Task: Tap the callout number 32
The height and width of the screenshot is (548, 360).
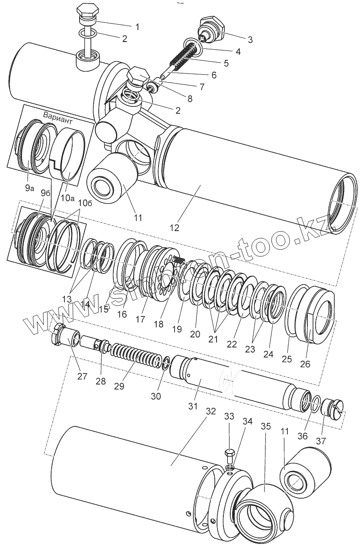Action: coord(211,411)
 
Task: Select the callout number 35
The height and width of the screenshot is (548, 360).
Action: coord(266,427)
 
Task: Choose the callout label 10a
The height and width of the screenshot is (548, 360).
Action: coord(67,197)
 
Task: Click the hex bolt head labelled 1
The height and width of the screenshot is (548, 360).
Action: coord(85,11)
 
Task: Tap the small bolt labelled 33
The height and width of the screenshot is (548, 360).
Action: coord(230,455)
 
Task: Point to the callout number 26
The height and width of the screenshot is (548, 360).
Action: coord(305,364)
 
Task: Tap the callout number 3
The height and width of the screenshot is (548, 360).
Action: coord(249,39)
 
